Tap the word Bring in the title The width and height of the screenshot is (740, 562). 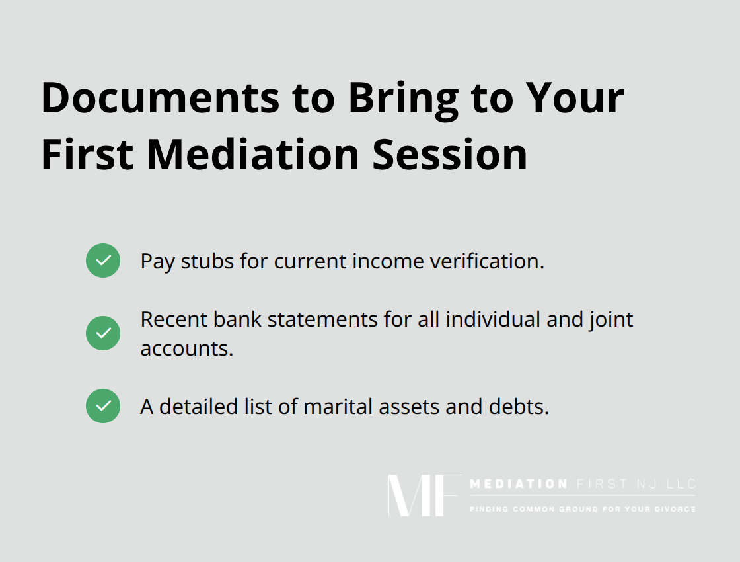click(x=403, y=99)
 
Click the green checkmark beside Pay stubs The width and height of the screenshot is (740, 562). click(x=103, y=261)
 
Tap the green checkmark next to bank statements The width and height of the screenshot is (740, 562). click(x=103, y=333)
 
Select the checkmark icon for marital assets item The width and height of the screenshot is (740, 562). click(x=103, y=406)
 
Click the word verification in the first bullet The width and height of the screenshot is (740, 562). click(x=487, y=261)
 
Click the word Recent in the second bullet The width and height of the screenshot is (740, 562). click(x=173, y=319)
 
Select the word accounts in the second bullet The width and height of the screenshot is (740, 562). click(x=186, y=348)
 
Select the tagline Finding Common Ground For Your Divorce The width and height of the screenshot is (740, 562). click(x=582, y=509)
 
